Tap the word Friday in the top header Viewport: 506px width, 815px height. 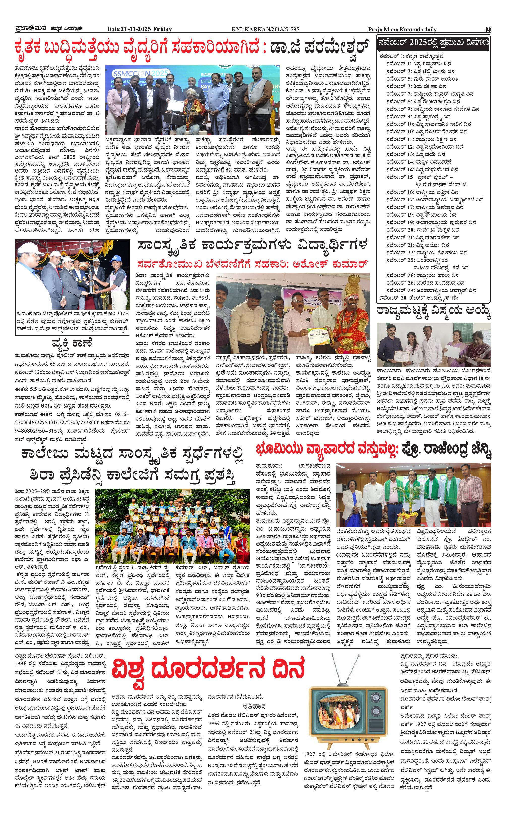click(x=162, y=29)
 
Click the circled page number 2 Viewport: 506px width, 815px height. click(x=488, y=29)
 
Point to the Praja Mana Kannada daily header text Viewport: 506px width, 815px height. click(x=402, y=29)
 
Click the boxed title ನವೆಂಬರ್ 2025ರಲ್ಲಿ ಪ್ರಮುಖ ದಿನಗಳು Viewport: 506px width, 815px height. click(x=433, y=43)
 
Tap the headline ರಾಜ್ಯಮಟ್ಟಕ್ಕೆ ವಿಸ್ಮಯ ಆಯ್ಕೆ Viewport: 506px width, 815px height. click(x=434, y=311)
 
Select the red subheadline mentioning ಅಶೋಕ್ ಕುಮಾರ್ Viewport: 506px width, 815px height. click(x=253, y=264)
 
